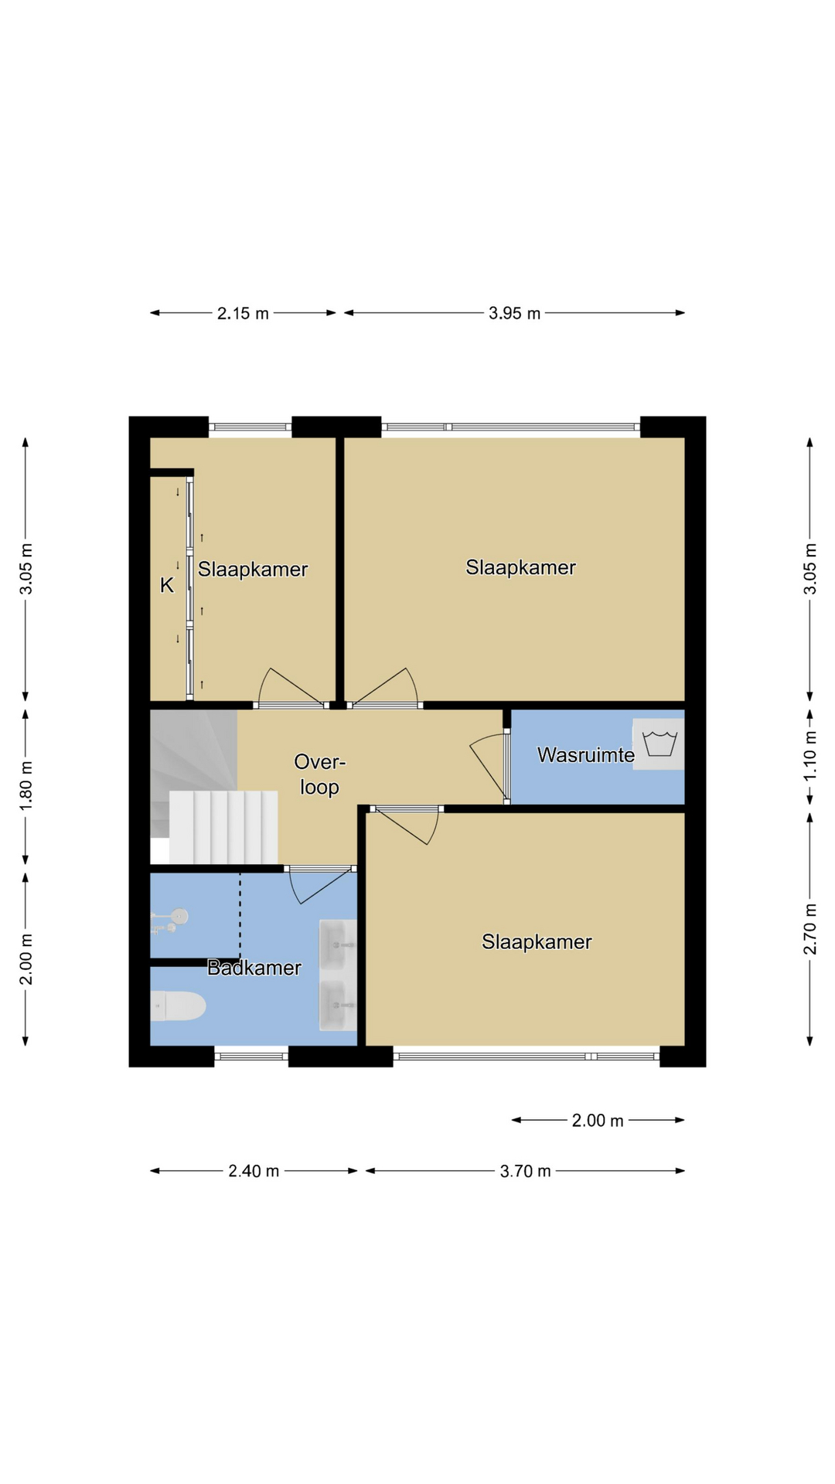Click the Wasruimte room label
585,755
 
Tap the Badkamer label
254,968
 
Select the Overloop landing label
319,774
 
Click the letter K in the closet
167,586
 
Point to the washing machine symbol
659,744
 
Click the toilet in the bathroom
178,1006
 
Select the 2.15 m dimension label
243,313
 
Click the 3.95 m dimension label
514,313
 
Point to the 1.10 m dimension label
810,754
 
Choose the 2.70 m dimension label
810,928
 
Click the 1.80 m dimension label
26,786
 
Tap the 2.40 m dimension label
254,1171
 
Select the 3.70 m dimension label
525,1171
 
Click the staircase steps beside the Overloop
223,827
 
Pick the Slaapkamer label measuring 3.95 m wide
520,567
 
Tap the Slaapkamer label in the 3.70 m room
537,941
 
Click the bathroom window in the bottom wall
251,1056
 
